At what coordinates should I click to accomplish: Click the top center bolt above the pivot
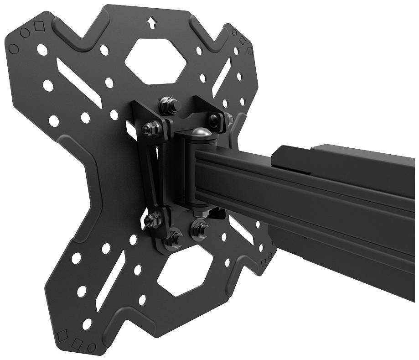coord(168,103)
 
